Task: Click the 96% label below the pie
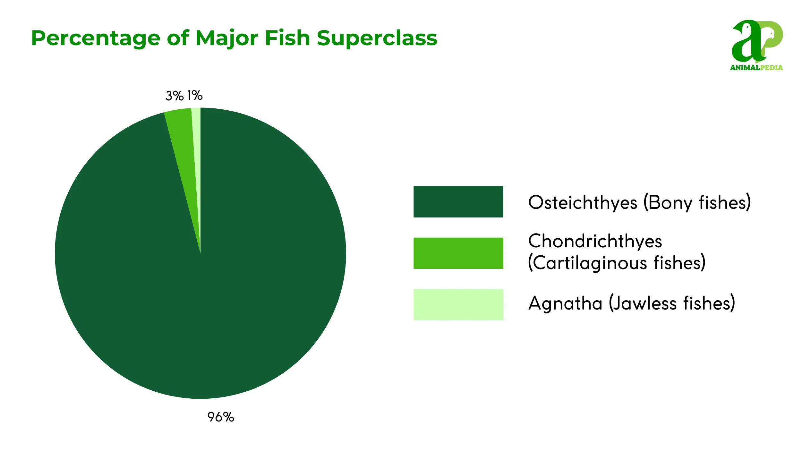221,417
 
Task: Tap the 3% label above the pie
175,96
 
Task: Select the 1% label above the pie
195,95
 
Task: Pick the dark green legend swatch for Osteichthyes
458,202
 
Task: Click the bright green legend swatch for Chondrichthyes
458,253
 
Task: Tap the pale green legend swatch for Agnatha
458,304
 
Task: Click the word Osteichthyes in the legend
583,203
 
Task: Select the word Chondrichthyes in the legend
595,241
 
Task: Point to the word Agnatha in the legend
565,303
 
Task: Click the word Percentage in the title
96,38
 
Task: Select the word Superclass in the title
377,38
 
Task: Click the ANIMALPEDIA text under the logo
756,67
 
